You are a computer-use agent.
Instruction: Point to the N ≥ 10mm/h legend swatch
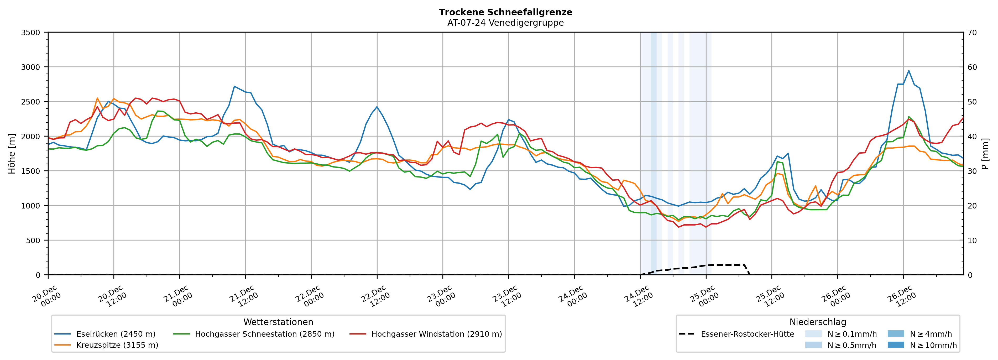[895, 345]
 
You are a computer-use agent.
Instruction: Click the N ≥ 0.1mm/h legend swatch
[813, 334]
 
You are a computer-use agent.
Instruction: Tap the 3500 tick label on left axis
[31, 33]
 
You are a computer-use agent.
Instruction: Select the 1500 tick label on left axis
[31, 171]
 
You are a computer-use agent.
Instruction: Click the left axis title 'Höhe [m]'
[12, 153]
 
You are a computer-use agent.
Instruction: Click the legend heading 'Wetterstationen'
[278, 322]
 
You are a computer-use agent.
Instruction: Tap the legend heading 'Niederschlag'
[817, 322]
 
